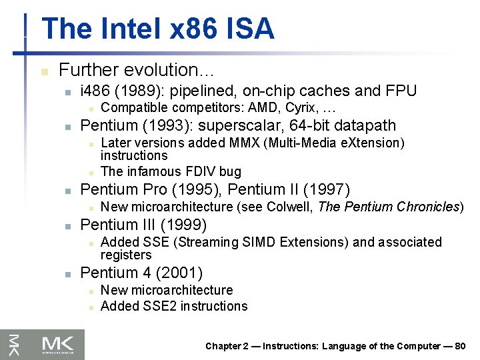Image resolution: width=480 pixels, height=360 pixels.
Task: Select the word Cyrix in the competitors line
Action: pyautogui.click(x=301, y=107)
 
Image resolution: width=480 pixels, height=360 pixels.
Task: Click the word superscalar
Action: pyautogui.click(x=252, y=125)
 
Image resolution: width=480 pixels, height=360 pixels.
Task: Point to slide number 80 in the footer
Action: pyautogui.click(x=459, y=346)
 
